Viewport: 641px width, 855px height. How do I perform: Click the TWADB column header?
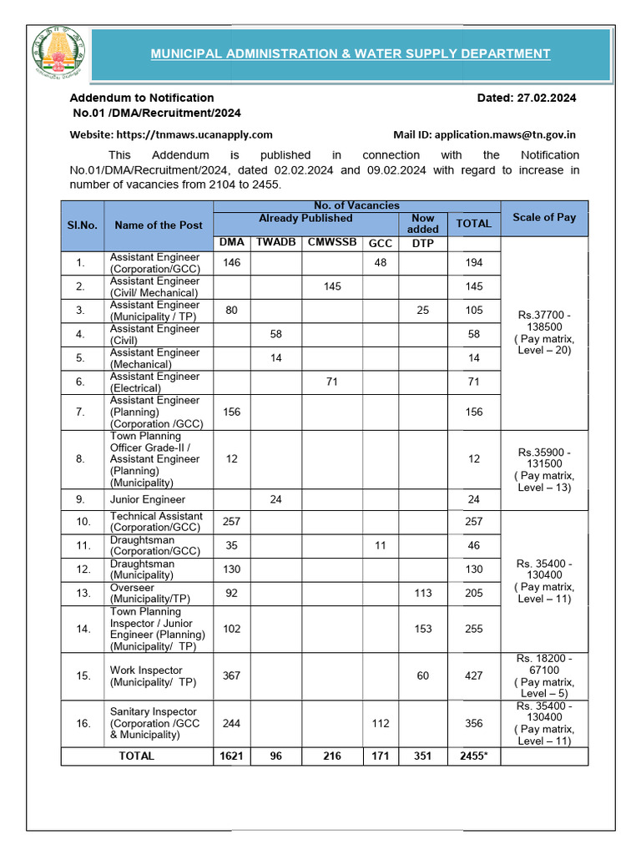[275, 243]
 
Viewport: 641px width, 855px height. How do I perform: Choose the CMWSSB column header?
[332, 243]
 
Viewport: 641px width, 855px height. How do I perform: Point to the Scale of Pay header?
[544, 217]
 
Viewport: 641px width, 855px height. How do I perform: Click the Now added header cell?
[422, 223]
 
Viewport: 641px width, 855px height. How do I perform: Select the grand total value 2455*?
[473, 756]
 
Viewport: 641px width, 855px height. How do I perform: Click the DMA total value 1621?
[231, 756]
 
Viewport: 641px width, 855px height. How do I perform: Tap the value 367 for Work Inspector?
[231, 675]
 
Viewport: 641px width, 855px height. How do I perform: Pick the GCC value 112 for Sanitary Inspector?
[381, 724]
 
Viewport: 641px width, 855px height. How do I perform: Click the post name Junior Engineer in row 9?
[148, 499]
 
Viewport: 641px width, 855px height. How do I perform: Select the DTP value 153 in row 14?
[422, 629]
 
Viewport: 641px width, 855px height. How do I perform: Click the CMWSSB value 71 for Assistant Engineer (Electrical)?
[332, 382]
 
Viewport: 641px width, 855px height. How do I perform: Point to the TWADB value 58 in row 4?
[275, 334]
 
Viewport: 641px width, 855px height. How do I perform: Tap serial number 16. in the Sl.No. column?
[83, 724]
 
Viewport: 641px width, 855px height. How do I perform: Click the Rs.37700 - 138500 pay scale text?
[544, 321]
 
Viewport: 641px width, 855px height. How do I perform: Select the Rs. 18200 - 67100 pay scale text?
[544, 665]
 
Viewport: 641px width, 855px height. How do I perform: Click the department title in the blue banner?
[350, 54]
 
